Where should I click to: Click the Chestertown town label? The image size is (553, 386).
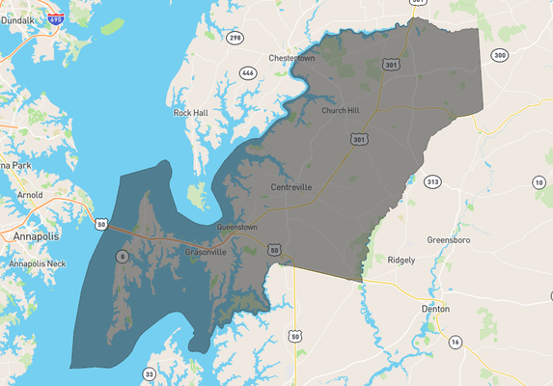click(292, 58)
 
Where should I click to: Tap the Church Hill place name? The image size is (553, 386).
click(340, 111)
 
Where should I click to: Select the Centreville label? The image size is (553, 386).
click(291, 187)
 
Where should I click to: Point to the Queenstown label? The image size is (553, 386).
click(237, 227)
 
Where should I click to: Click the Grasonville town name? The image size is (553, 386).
click(206, 252)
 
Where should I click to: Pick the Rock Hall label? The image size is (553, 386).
click(190, 113)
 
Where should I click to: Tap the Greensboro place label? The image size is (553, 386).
click(449, 239)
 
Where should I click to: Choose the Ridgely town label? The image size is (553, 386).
click(401, 261)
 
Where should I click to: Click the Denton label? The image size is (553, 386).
click(435, 309)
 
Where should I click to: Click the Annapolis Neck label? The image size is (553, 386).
click(37, 263)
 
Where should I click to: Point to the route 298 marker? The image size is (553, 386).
click(235, 38)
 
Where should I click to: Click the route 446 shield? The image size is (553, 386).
click(248, 72)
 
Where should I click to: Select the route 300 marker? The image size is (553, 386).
click(499, 55)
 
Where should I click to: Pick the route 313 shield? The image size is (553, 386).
click(432, 181)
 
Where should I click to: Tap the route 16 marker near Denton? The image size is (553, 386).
click(455, 342)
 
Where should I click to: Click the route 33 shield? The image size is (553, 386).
click(150, 373)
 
